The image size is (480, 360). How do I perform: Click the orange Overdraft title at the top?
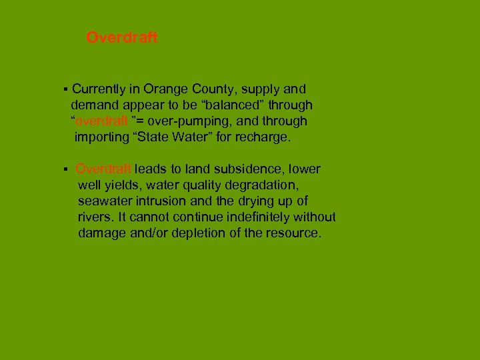coord(122,38)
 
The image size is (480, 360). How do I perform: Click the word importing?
coord(101,138)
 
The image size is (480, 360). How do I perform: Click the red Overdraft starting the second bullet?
coord(103,169)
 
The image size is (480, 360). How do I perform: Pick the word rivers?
coord(93,217)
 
